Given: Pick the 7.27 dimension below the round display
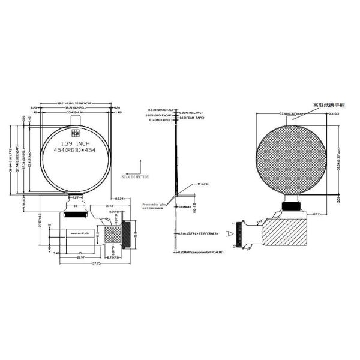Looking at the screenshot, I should pyautogui.click(x=76, y=197).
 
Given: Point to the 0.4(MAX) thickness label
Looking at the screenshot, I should pyautogui.click(x=185, y=206).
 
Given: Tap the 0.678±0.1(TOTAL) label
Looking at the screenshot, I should pyautogui.click(x=161, y=110).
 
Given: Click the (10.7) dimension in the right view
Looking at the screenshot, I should pyautogui.click(x=317, y=214).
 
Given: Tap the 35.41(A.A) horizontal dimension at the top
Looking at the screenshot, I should pyautogui.click(x=76, y=112).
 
